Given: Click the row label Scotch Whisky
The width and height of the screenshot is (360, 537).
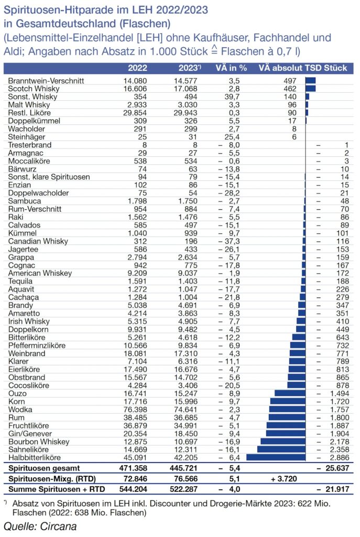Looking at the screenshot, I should pyautogui.click(x=31, y=89).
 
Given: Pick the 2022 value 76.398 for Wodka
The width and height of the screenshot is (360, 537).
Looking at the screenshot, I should pyautogui.click(x=135, y=410).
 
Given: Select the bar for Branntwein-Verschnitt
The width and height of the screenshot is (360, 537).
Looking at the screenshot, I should pyautogui.click(x=310, y=81).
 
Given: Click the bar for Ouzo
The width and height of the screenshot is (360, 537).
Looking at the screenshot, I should pyautogui.click(x=290, y=393).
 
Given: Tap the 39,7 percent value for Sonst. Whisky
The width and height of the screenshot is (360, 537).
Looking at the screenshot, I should pyautogui.click(x=231, y=97).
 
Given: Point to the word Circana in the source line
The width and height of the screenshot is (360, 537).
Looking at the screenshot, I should pyautogui.click(x=54, y=526).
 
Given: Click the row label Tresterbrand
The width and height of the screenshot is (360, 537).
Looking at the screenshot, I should pyautogui.click(x=29, y=145).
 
